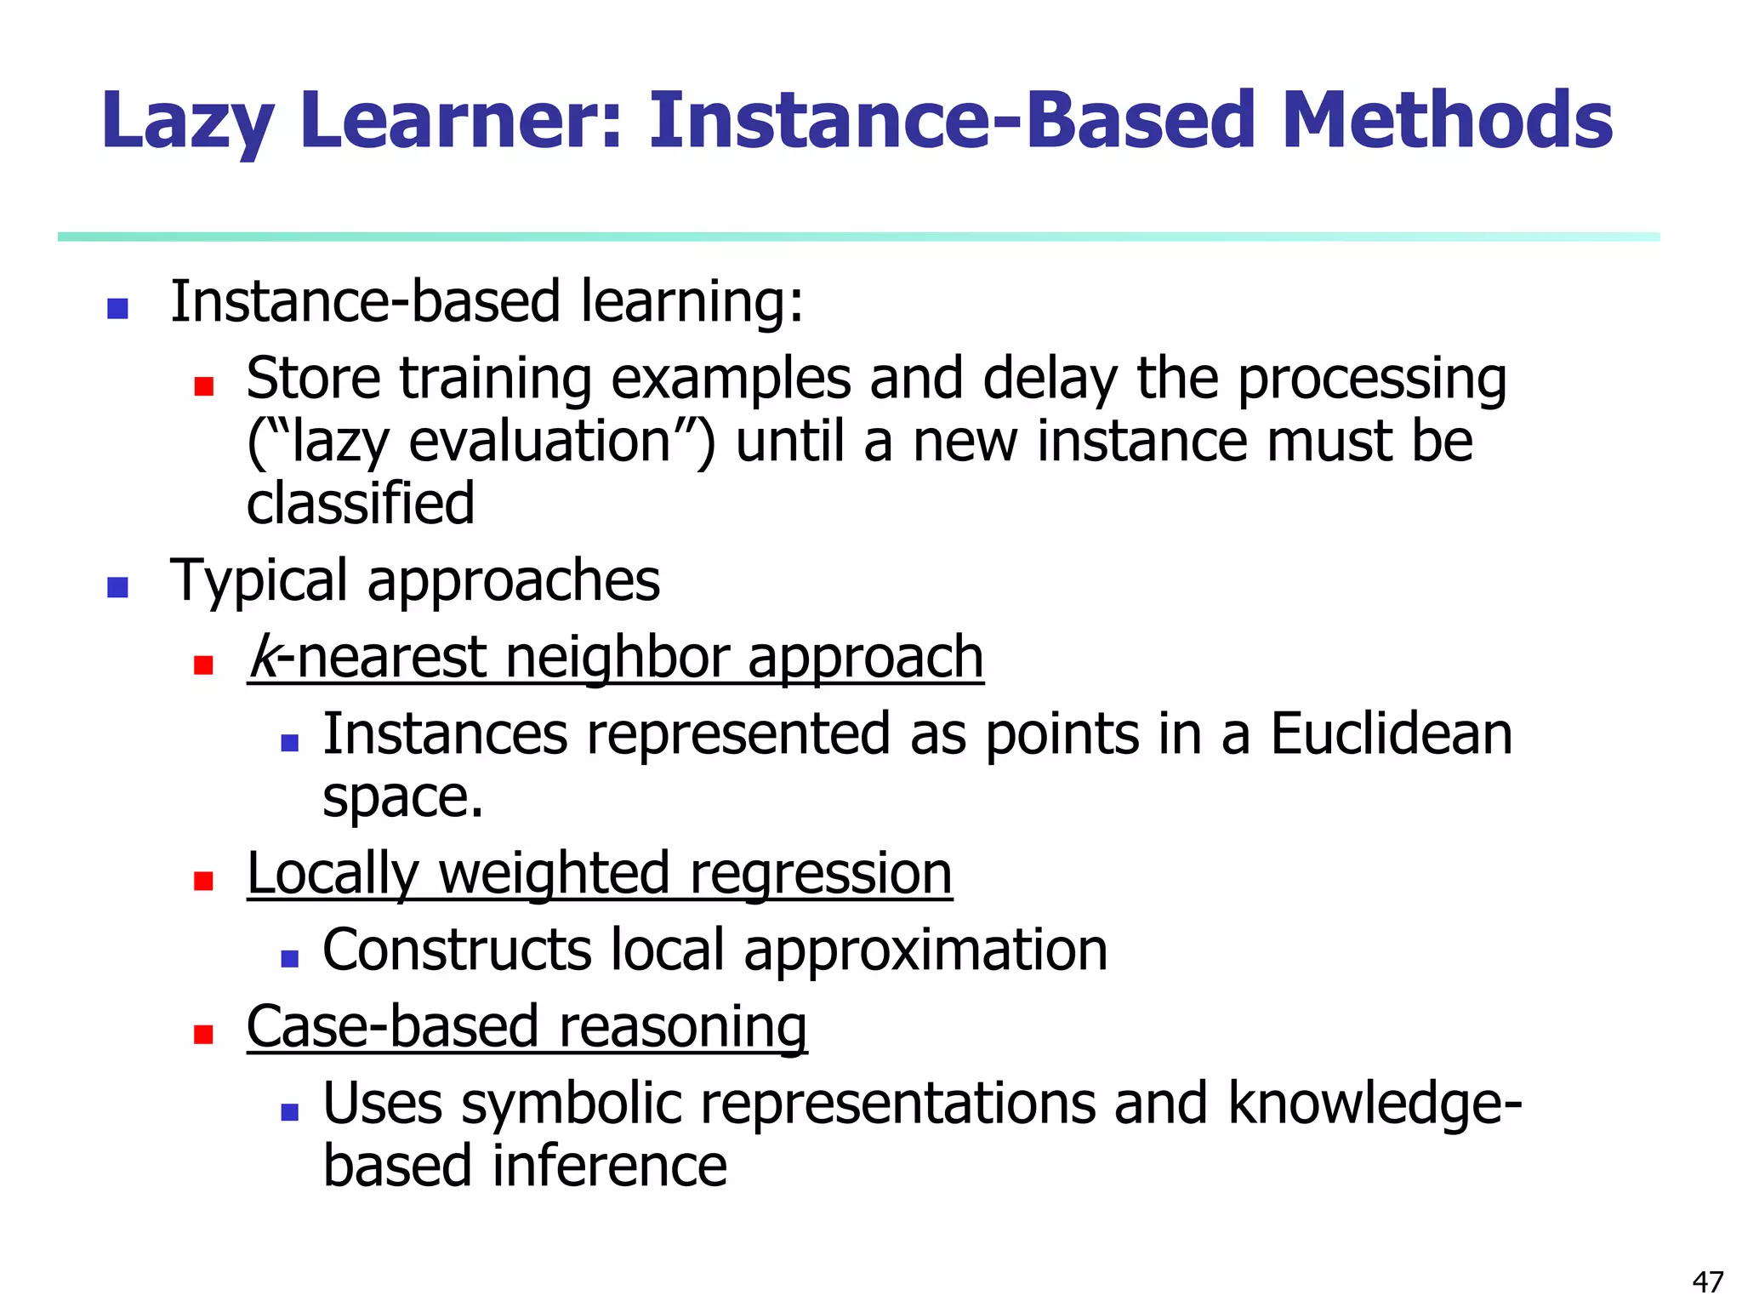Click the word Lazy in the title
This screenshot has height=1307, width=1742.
click(x=187, y=122)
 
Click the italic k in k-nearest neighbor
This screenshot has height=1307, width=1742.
click(x=263, y=657)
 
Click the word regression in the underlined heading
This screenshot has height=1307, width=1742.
click(x=821, y=874)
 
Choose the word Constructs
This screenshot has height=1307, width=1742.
click(x=457, y=950)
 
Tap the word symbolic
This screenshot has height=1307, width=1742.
click(x=572, y=1104)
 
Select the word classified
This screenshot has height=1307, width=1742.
click(x=360, y=503)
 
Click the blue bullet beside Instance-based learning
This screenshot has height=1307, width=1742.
click(x=117, y=308)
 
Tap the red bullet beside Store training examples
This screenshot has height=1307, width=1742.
click(x=203, y=387)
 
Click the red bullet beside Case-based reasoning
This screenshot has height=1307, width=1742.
click(x=203, y=1034)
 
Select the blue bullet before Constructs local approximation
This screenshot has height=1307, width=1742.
click(x=289, y=959)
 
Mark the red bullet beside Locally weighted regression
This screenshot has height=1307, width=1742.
click(x=203, y=881)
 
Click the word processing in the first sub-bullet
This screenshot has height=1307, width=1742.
click(x=1371, y=380)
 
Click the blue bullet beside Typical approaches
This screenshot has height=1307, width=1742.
click(x=117, y=587)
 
